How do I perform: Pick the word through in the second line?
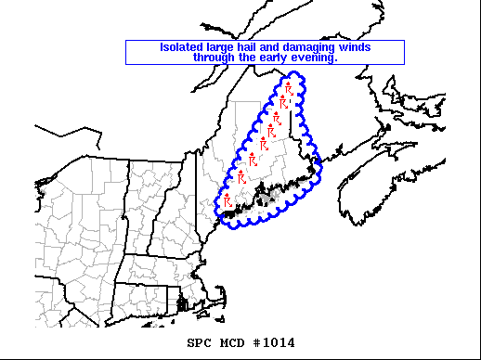click(x=215, y=58)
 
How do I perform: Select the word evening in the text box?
click(x=318, y=58)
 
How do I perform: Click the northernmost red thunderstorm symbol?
click(x=290, y=90)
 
